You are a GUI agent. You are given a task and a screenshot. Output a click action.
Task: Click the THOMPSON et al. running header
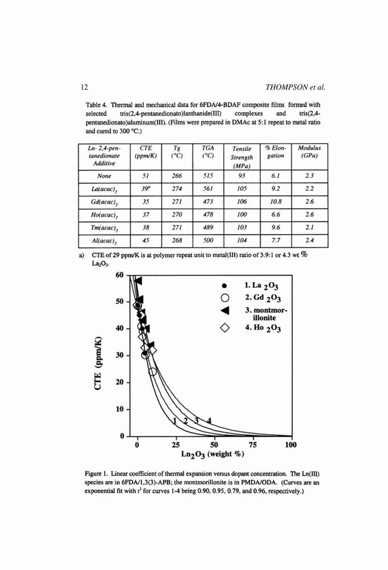[x=295, y=87]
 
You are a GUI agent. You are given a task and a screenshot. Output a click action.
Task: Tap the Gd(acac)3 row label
[x=104, y=202]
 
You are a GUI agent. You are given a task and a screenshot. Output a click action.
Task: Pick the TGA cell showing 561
[x=208, y=189]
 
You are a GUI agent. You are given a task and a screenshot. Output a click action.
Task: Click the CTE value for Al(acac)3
[x=146, y=241]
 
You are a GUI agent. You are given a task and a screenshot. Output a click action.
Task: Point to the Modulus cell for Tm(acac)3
[x=309, y=227]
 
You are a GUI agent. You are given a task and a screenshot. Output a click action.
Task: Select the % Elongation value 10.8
[x=276, y=201]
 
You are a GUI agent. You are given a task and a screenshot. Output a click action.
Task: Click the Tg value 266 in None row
[x=177, y=176]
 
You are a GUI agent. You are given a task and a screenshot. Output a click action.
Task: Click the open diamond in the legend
[x=224, y=328]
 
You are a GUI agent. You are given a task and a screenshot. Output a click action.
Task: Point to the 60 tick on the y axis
[x=120, y=275]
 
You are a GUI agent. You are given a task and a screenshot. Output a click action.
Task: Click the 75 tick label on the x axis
[x=253, y=445]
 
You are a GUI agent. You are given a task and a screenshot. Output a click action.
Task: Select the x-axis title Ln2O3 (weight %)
[x=213, y=454]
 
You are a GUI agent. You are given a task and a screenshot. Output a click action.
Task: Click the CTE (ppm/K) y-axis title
[x=97, y=364]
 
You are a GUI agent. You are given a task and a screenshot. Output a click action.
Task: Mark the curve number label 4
[x=209, y=421]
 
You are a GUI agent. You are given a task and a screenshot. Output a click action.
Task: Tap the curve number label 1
[x=174, y=421]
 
